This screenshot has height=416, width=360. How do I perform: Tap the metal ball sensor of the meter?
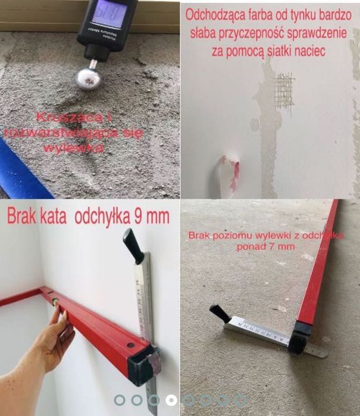click(89, 78)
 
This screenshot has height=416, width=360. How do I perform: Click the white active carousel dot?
click(171, 400)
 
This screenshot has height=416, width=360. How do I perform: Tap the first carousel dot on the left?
click(119, 400)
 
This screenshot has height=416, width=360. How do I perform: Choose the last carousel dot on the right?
click(240, 400)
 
